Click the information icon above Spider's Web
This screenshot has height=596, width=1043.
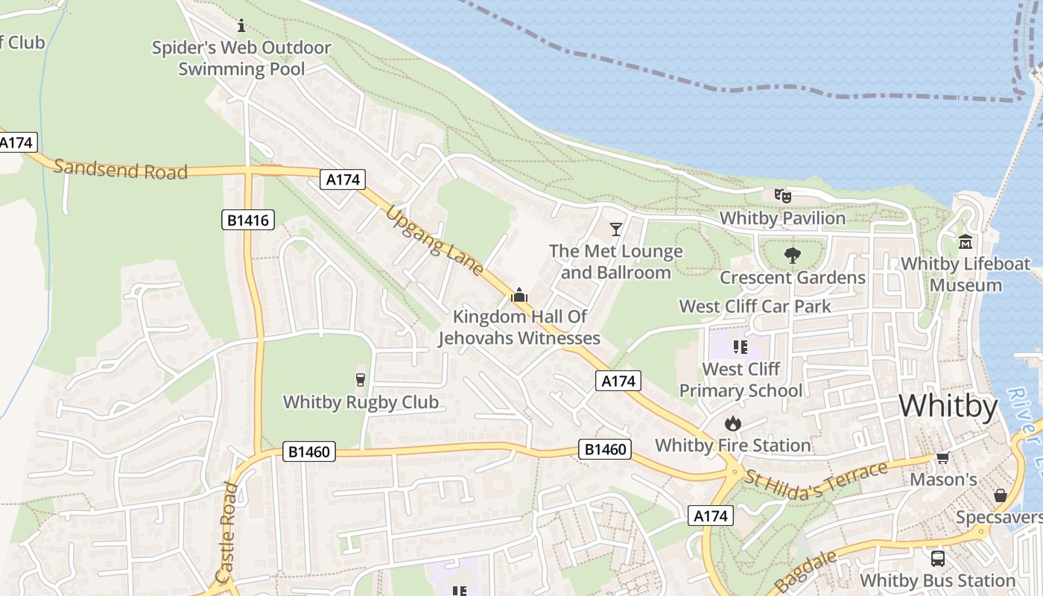(x=241, y=26)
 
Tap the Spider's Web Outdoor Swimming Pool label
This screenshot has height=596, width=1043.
(x=241, y=59)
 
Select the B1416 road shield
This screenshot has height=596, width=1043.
(x=248, y=220)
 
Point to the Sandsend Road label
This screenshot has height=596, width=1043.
(x=120, y=169)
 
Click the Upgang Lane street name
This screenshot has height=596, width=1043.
(x=434, y=240)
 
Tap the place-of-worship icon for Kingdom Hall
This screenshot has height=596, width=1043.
(x=519, y=296)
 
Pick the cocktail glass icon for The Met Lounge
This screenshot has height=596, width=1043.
(x=616, y=229)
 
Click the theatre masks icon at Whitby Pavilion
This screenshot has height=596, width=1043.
(x=782, y=196)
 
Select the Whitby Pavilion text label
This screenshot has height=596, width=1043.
(x=782, y=218)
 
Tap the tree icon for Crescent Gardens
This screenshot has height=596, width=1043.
(x=792, y=256)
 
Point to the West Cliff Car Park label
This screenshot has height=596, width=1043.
(x=755, y=306)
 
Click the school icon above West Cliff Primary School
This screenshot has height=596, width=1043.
(x=740, y=346)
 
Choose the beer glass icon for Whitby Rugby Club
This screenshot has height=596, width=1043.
(x=361, y=380)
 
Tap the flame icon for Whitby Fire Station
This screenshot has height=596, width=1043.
(x=733, y=423)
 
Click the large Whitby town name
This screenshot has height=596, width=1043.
(x=948, y=407)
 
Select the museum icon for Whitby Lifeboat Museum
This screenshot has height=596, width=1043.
(x=966, y=241)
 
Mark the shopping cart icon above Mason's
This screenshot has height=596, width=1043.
(x=942, y=458)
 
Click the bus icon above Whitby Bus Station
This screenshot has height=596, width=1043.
(x=938, y=558)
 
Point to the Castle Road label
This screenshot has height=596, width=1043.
(x=227, y=532)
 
